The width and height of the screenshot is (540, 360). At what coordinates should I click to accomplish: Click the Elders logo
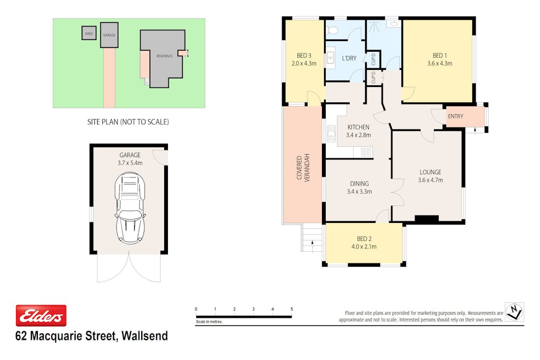pos(41,316)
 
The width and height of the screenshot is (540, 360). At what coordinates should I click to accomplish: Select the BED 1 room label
pos(439,55)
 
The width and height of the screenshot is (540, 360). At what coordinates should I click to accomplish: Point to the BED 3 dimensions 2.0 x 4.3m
pos(304,63)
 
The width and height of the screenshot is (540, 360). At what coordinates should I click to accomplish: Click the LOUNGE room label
pos(430,172)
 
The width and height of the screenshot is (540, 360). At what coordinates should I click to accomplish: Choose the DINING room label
pos(359,184)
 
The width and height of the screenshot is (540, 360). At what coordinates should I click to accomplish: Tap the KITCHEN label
pos(358,127)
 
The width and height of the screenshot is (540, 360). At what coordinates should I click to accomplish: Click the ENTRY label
pos(455,116)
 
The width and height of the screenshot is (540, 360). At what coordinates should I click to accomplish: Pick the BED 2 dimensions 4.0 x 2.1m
pos(364,246)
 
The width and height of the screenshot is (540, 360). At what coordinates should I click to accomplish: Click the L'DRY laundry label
pos(349,58)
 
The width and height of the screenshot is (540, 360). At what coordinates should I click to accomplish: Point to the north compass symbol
pos(514,311)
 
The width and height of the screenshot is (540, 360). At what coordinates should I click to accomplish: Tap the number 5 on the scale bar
pos(292,309)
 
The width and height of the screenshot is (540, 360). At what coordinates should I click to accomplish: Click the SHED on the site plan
pos(88,33)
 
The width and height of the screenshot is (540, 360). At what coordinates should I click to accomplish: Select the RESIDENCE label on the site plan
pos(164,55)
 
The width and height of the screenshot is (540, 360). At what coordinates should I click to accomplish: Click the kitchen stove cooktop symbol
pos(366,152)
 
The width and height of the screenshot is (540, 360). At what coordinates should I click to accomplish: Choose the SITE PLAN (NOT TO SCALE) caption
pos(128,122)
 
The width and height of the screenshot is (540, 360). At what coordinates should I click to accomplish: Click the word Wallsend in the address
pos(144,336)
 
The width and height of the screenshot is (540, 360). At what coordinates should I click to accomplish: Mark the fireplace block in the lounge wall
pos(426,219)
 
